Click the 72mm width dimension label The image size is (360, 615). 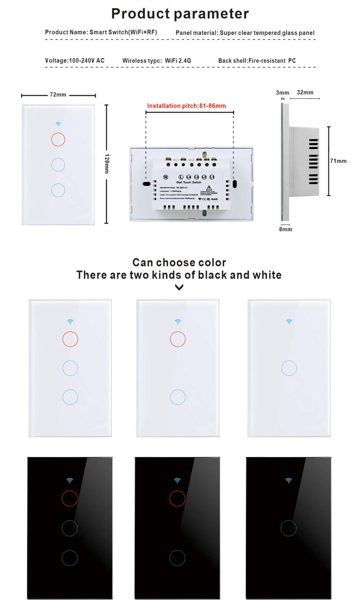click(x=58, y=95)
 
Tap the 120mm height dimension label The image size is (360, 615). click(x=107, y=163)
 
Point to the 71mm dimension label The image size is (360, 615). click(x=338, y=161)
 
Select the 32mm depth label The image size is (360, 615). click(x=305, y=93)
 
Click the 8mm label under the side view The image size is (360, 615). click(x=285, y=229)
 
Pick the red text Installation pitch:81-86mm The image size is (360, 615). click(x=186, y=106)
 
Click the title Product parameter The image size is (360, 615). click(x=180, y=14)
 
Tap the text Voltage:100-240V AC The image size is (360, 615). click(x=75, y=60)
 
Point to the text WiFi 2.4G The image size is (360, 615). click(x=178, y=60)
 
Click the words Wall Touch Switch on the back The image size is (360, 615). click(x=188, y=183)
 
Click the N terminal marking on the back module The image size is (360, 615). click(x=166, y=177)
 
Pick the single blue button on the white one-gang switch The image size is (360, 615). click(x=289, y=368)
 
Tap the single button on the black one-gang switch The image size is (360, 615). click(x=288, y=529)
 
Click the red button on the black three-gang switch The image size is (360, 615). click(x=69, y=498)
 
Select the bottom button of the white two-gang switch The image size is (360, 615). click(x=177, y=397)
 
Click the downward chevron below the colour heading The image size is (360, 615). click(x=179, y=287)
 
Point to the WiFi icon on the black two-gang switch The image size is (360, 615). click(x=177, y=480)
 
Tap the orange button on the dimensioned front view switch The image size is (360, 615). click(x=58, y=139)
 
